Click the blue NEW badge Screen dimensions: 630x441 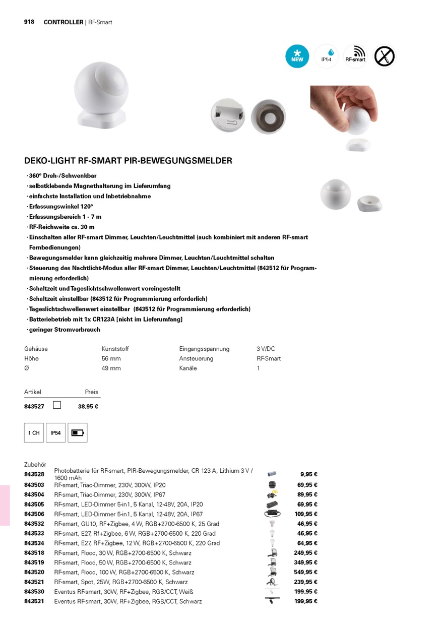(x=297, y=56)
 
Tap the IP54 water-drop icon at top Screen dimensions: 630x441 (x=327, y=56)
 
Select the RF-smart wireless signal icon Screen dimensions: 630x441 (x=355, y=56)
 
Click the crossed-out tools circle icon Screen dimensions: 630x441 (x=385, y=56)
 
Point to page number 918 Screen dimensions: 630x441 (x=29, y=22)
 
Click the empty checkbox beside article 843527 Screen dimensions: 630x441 (x=57, y=405)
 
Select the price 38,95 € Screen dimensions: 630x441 (x=88, y=407)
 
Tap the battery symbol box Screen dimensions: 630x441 (x=77, y=433)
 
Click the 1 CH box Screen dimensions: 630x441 (x=34, y=433)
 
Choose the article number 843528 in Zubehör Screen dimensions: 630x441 (x=34, y=474)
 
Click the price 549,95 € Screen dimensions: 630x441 (x=305, y=573)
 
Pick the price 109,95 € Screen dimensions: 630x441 (x=305, y=514)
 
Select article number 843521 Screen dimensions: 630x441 (x=34, y=582)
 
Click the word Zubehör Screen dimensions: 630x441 (x=35, y=465)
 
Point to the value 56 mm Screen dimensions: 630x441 (x=111, y=359)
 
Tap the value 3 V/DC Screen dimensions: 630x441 (x=266, y=349)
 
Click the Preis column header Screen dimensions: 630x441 (x=91, y=392)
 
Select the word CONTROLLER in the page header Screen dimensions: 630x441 (x=64, y=22)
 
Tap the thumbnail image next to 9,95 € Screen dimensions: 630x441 (x=272, y=474)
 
